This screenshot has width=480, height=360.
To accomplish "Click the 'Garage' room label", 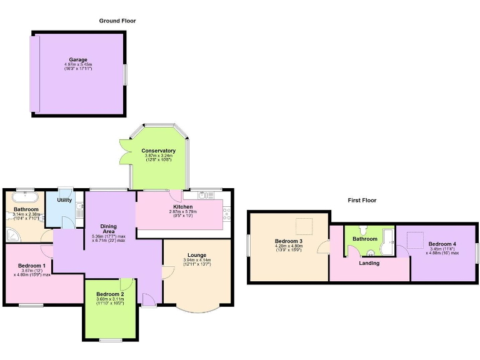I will point(78,59).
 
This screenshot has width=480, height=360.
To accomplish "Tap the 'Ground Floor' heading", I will point(117,21).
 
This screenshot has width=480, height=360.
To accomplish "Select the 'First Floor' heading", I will point(362,201).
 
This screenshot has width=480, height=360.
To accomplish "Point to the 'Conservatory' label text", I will point(158,151).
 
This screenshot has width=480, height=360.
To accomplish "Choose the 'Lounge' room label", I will point(197,254).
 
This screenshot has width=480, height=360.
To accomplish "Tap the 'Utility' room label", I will point(64,201).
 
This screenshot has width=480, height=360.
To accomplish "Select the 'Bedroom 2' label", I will point(110,294).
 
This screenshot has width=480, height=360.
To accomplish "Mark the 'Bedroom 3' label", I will point(289,241).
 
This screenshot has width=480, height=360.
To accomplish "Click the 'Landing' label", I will point(369,262).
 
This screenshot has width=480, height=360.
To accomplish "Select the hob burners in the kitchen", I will point(226,217).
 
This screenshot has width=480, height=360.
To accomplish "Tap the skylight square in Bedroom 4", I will point(416,238).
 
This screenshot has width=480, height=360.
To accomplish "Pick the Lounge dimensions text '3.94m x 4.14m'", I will point(197,260).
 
